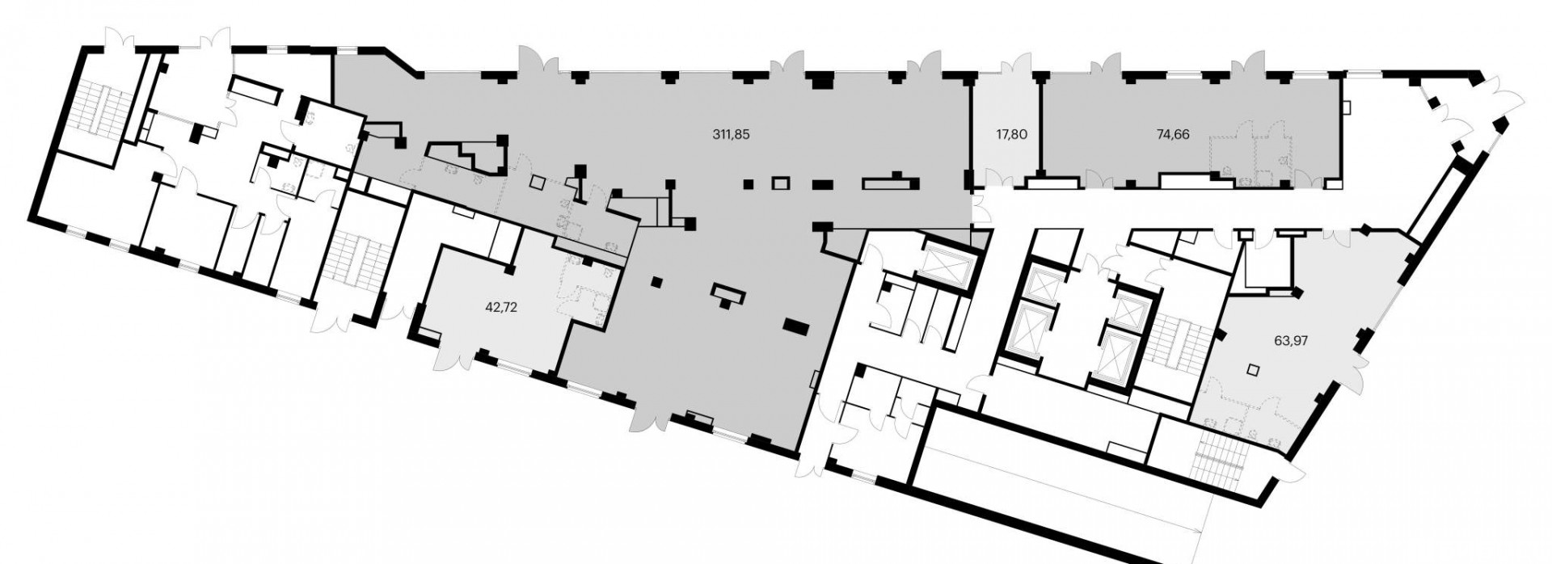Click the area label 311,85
pyautogui.click(x=732, y=135)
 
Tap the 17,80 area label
pyautogui.click(x=1010, y=135)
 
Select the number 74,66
pyautogui.click(x=1173, y=135)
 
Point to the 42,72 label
pyautogui.click(x=500, y=307)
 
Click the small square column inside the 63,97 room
pyautogui.click(x=1253, y=369)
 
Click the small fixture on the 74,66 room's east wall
pyautogui.click(x=1345, y=106)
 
